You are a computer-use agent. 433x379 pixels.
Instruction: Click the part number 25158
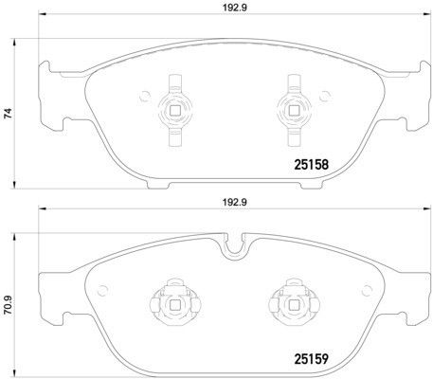[311, 165]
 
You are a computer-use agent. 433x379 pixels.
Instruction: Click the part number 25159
[311, 359]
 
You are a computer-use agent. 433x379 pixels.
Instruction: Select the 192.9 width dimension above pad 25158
[235, 9]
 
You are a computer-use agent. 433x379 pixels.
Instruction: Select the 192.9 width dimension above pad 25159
[235, 203]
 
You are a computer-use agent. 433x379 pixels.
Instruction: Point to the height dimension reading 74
[8, 114]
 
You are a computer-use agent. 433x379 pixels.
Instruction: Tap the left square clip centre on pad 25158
[174, 110]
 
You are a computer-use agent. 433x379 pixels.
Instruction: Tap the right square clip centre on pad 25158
[294, 110]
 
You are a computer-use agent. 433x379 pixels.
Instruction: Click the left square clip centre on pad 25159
[174, 304]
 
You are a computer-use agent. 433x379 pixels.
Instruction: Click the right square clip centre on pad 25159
[294, 304]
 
